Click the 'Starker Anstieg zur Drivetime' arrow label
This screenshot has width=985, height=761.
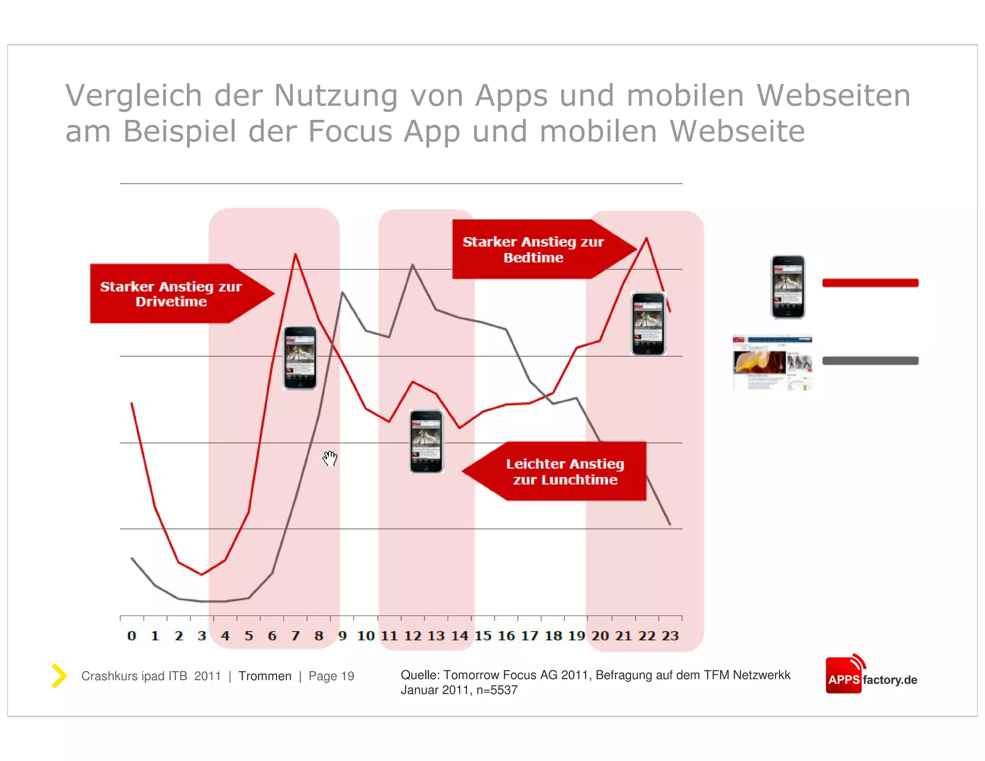tap(171, 293)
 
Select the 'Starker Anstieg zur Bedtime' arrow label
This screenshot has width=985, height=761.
tap(533, 249)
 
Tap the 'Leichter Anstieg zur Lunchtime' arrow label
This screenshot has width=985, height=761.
tap(565, 471)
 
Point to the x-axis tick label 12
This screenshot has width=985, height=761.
tap(413, 636)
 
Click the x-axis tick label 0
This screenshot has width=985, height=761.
tap(131, 636)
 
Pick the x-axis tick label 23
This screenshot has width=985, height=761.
tap(670, 636)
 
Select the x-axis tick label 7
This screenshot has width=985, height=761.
tap(295, 636)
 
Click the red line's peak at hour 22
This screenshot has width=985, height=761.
tap(646, 238)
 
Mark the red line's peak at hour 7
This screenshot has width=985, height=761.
tap(295, 254)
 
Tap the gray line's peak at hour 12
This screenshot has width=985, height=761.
tap(413, 265)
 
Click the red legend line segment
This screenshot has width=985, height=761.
tap(870, 283)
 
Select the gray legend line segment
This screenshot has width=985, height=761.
tap(870, 361)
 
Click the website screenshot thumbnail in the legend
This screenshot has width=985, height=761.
tap(772, 363)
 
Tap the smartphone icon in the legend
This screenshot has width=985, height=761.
tap(788, 287)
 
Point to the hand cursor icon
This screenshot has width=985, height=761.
tap(330, 458)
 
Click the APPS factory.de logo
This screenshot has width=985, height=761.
tap(871, 675)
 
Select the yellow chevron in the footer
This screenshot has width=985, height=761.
tap(59, 676)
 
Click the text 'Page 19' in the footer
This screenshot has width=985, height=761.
tap(331, 676)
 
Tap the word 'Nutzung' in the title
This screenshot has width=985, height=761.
tap(336, 95)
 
